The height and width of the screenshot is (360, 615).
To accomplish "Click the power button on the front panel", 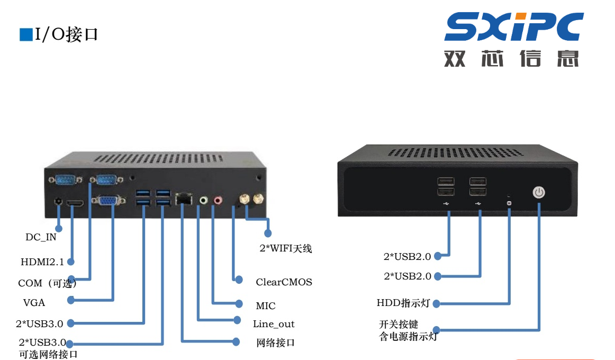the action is (x=539, y=192).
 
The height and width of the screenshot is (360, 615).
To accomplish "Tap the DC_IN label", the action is (x=41, y=237).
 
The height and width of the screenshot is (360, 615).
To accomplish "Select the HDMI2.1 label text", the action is (x=42, y=262).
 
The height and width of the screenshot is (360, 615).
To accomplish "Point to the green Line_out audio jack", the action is (x=203, y=201).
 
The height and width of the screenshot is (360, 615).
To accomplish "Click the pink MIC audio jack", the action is (x=218, y=201).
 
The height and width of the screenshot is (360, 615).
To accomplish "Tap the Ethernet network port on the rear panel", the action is (x=184, y=199).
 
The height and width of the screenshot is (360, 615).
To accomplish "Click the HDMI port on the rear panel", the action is (x=75, y=203).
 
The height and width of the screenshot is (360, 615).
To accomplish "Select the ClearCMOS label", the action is (x=284, y=282).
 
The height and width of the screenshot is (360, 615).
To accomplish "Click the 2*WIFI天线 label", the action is (x=286, y=249).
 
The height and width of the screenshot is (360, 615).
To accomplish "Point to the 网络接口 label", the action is (x=275, y=343).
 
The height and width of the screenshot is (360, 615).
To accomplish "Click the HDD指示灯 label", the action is (x=403, y=303).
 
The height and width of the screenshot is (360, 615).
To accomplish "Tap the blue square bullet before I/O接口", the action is (x=26, y=34).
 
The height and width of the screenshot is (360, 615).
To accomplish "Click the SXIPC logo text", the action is (x=514, y=26).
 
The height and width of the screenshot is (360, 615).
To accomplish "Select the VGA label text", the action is (x=34, y=303).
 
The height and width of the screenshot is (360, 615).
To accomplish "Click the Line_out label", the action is (x=274, y=325).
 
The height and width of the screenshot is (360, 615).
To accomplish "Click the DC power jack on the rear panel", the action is (x=58, y=202).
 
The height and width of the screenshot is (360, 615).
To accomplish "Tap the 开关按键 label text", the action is (x=399, y=325).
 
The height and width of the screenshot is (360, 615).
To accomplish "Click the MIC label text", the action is (x=266, y=306).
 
